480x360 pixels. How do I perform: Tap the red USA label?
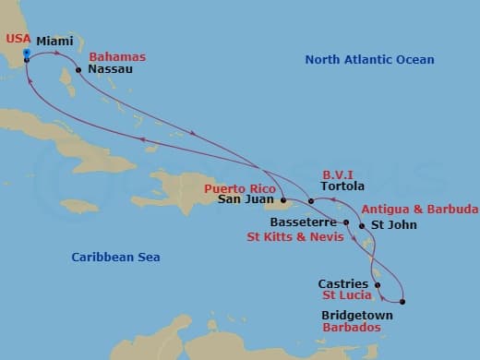coord(18,38)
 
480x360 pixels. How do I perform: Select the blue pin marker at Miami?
coord(27,54)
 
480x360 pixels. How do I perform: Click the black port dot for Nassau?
coord(78,68)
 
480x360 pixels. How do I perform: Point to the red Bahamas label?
coord(117,56)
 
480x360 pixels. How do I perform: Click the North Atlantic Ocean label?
coord(369,60)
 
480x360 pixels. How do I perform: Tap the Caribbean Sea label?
coord(116,257)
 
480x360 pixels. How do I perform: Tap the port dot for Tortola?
coord(312,200)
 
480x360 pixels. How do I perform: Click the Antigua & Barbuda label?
coord(419,209)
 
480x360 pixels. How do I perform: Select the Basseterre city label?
coord(306,222)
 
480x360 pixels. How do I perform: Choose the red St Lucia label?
coord(347,296)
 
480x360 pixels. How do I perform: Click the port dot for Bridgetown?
coord(403,302)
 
